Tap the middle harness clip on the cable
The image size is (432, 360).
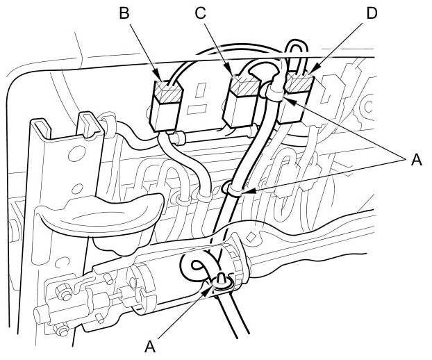click(x=234, y=188)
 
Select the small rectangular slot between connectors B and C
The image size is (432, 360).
click(x=202, y=91)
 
